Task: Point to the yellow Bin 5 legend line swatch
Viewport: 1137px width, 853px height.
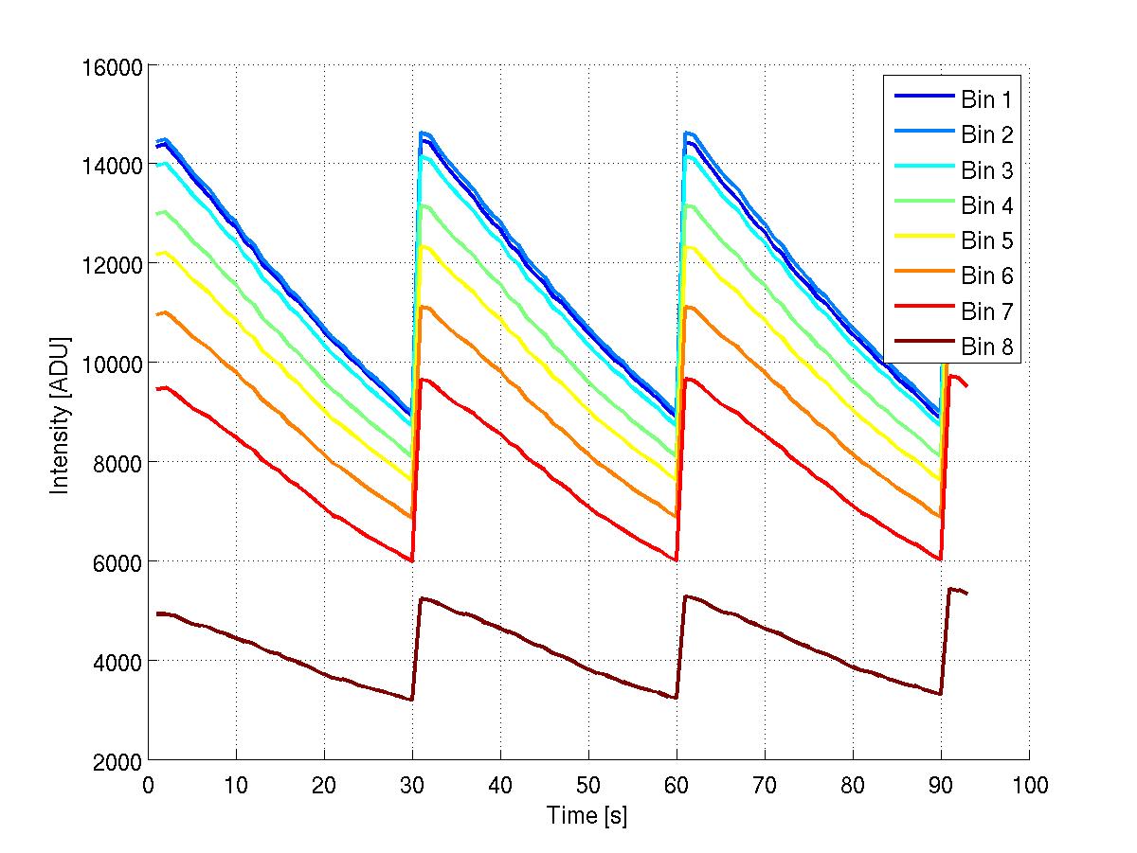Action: pos(922,240)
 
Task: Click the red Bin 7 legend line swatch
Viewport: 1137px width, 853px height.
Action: pos(922,311)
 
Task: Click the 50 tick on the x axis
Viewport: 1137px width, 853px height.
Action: pos(588,783)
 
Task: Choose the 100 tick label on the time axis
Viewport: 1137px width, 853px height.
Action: pos(1029,783)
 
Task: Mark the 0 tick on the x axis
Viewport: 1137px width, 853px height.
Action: pos(148,783)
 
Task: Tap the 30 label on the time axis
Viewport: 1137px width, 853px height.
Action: pos(412,783)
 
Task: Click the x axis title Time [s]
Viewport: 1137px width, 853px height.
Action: pos(587,815)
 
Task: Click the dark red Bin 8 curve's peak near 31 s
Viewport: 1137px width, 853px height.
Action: pos(422,598)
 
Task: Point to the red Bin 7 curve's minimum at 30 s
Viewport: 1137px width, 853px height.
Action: pos(412,560)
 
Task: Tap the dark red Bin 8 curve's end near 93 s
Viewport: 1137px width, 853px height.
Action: pos(966,593)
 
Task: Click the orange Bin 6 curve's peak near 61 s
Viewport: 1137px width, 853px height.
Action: pos(687,307)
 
